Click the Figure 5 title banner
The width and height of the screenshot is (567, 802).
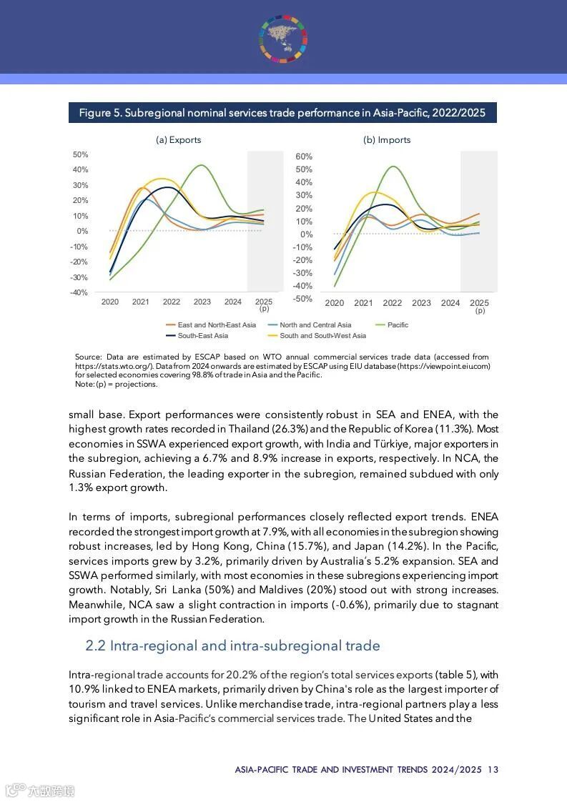tap(282, 113)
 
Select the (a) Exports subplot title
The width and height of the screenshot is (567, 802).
tap(178, 140)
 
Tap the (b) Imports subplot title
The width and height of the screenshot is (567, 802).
tap(387, 140)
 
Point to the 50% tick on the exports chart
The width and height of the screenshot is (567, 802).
tap(80, 155)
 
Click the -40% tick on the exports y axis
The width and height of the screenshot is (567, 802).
tap(79, 292)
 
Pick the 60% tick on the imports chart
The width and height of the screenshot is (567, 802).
tap(304, 157)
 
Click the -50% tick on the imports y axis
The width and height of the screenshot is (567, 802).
tap(302, 298)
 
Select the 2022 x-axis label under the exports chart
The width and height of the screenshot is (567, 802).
tap(172, 302)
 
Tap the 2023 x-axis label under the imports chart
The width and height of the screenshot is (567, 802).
tap(421, 303)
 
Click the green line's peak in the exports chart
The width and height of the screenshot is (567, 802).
tap(202, 166)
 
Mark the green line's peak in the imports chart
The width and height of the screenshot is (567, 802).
tap(394, 167)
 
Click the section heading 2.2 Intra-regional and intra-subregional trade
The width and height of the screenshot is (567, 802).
tap(232, 646)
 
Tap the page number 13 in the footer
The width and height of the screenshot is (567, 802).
tap(493, 770)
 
